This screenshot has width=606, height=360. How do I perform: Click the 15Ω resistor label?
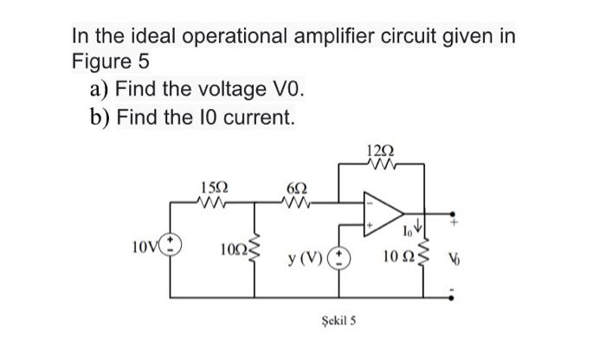click(215, 188)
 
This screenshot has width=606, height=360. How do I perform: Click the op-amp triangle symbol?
click(384, 216)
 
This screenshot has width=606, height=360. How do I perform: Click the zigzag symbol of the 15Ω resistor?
click(215, 204)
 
